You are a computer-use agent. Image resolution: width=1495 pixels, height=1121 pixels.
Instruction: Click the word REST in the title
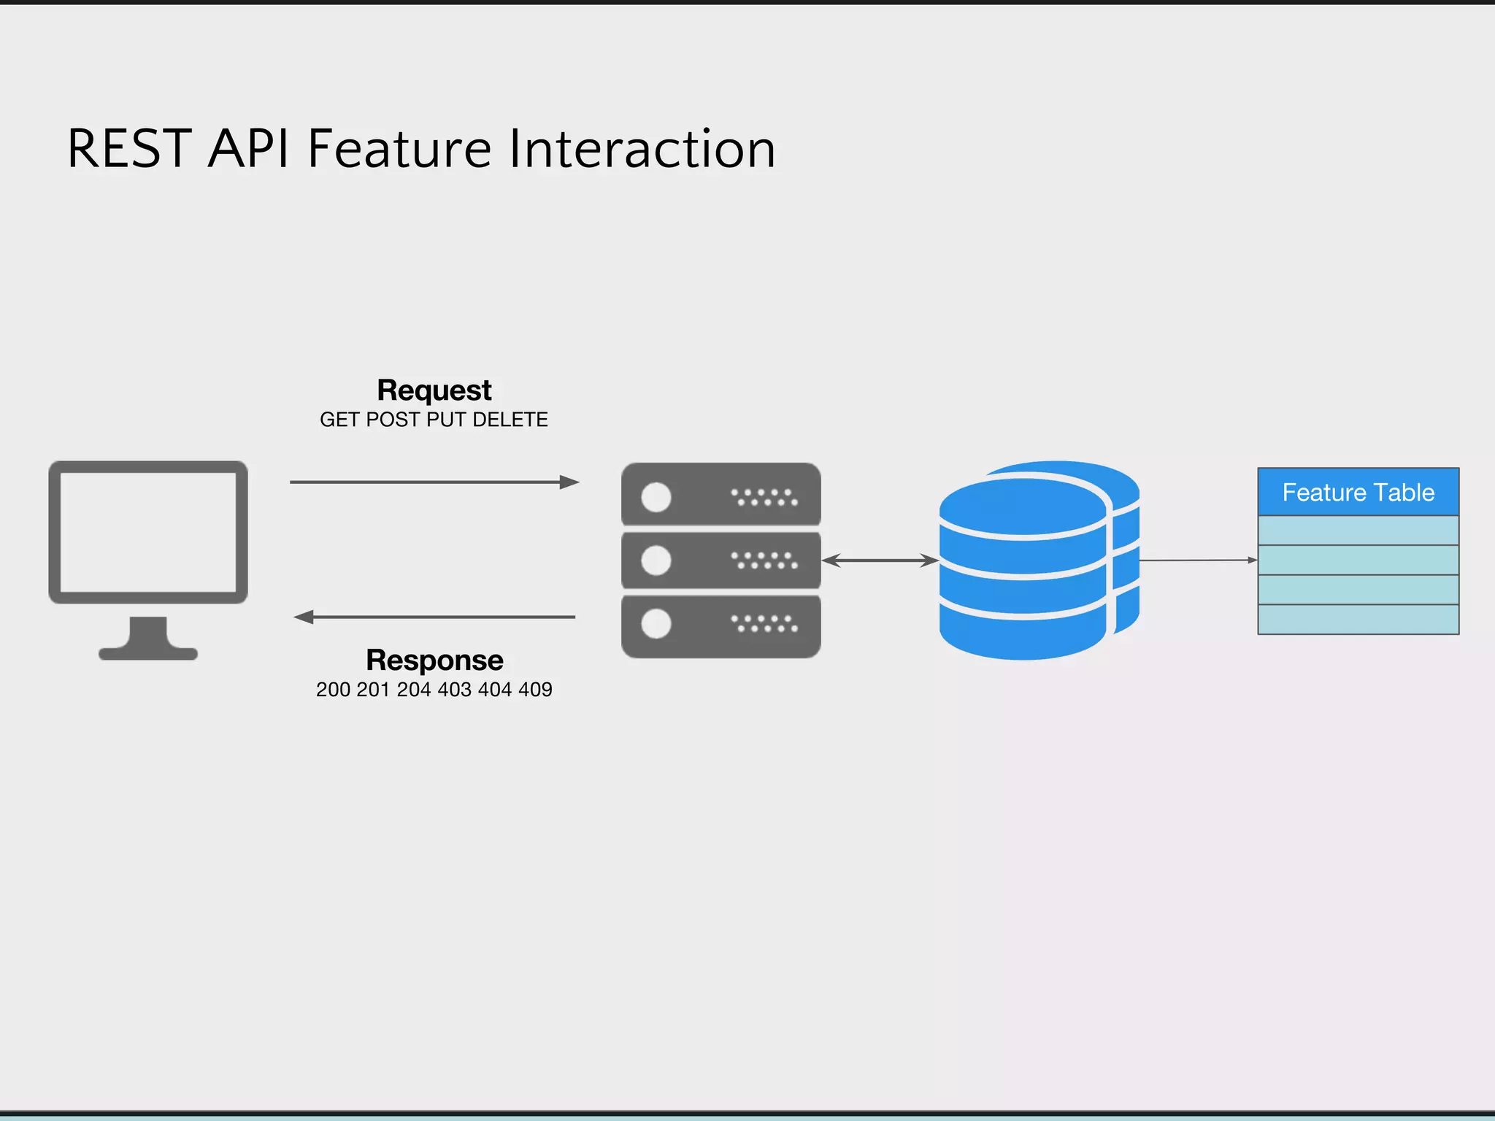(x=129, y=149)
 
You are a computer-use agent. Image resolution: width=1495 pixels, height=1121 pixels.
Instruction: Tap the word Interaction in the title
(x=642, y=149)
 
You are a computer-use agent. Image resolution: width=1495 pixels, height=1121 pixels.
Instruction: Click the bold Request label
(x=434, y=390)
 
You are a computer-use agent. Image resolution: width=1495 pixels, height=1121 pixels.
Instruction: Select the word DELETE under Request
(x=510, y=420)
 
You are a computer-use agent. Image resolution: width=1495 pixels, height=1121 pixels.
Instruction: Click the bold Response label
(x=434, y=660)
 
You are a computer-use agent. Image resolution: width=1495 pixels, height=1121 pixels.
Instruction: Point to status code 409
(x=535, y=690)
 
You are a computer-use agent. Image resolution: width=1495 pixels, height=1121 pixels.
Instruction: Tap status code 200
(x=333, y=690)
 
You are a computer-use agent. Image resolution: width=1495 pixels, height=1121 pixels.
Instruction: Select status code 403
(x=454, y=690)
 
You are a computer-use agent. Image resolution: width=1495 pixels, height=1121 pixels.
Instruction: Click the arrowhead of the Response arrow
(x=302, y=617)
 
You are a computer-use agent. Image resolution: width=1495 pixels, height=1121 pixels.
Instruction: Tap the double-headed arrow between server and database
(x=880, y=560)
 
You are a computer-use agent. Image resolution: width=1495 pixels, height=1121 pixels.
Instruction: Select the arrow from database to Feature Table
(x=1197, y=560)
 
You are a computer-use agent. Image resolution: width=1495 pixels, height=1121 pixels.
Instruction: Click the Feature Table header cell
(x=1358, y=493)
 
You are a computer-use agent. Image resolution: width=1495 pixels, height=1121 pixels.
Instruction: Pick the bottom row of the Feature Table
(x=1358, y=620)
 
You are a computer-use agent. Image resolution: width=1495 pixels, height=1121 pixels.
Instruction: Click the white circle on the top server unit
(x=656, y=498)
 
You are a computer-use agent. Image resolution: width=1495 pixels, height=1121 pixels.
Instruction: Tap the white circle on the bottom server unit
(x=656, y=624)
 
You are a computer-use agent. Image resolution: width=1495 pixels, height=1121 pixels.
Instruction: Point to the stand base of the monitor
(x=148, y=652)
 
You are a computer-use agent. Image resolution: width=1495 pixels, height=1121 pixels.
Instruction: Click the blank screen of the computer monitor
(x=148, y=532)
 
